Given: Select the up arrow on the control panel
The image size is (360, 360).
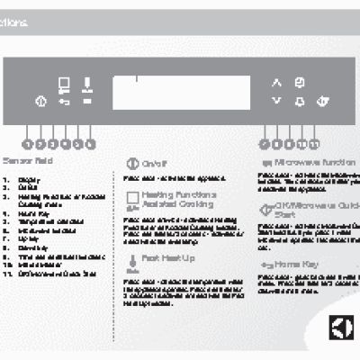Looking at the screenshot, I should (276, 83).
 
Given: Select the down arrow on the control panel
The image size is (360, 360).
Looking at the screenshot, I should (276, 102).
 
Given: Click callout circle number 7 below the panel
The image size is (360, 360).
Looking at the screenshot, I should (264, 142).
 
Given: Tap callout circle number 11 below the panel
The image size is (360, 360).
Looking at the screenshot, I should (314, 142).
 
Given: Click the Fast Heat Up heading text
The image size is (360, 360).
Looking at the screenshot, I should (163, 257).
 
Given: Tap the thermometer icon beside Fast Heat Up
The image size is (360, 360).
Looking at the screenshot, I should (132, 259).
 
